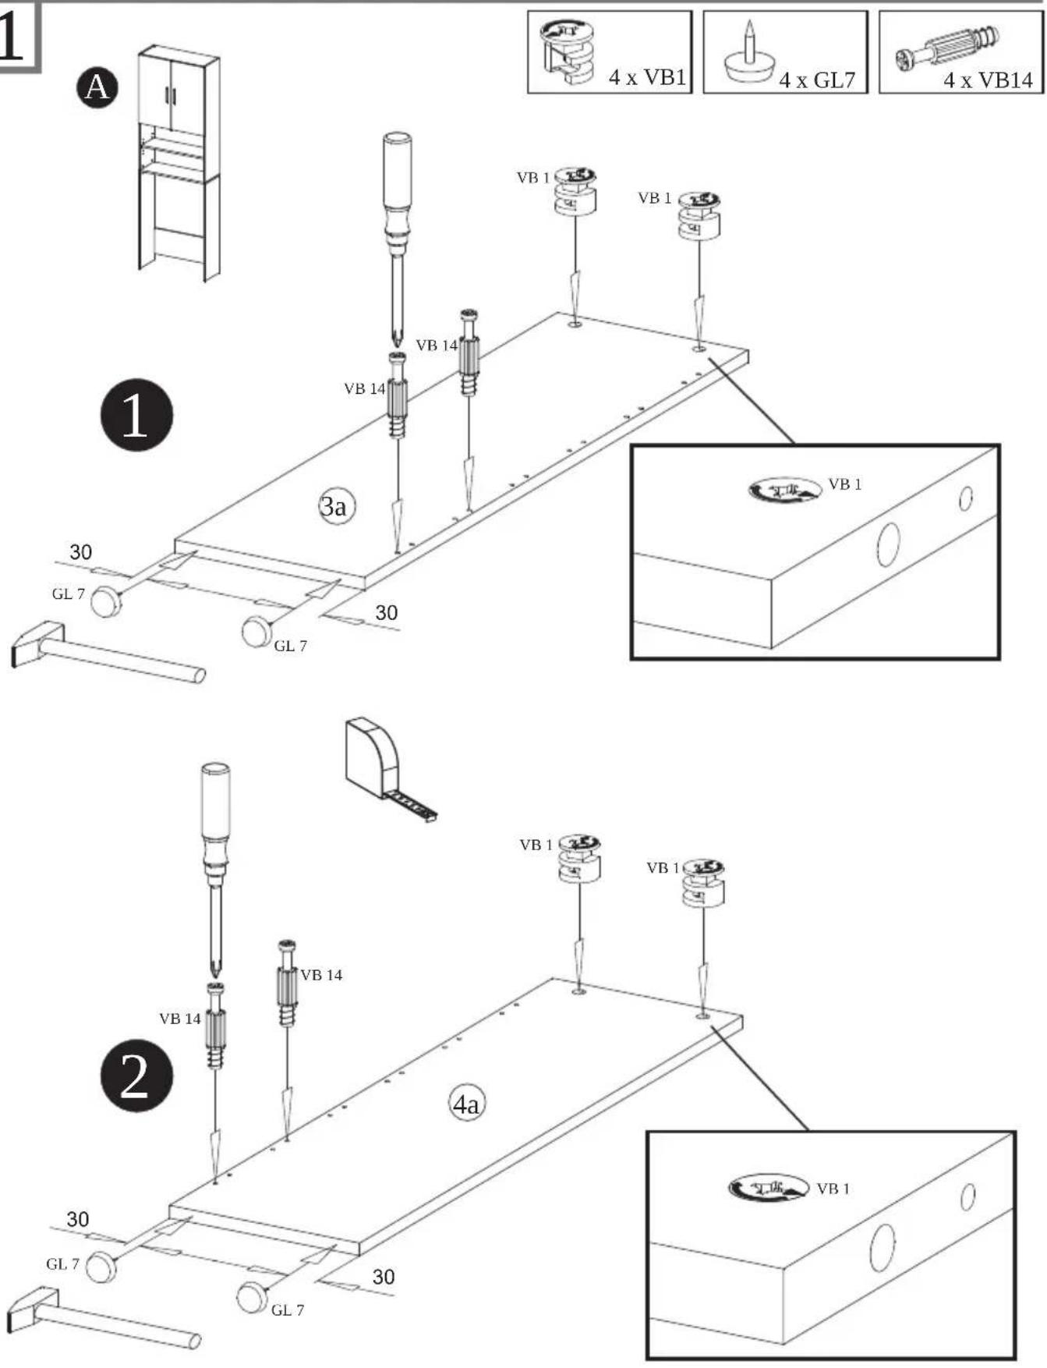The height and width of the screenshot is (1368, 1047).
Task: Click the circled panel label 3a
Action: tap(335, 506)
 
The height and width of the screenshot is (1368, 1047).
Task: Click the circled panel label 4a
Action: tap(467, 1104)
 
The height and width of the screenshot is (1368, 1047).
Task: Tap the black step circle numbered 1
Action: tap(136, 415)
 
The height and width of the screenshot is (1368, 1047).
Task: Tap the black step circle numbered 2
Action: tap(136, 1076)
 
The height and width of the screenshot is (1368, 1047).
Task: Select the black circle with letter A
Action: tap(97, 87)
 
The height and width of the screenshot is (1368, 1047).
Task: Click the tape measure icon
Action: tap(389, 769)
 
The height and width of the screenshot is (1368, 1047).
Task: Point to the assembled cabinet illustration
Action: tap(179, 163)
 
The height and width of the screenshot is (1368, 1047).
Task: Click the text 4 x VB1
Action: tap(647, 77)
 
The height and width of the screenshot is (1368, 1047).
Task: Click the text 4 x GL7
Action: tap(817, 80)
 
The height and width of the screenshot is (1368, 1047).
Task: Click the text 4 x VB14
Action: tap(988, 80)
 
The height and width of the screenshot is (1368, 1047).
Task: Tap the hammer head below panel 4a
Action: tap(32, 1310)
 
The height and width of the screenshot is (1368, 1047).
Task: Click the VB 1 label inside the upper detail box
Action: tap(845, 484)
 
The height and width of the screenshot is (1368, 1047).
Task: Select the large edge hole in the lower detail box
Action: tap(883, 1247)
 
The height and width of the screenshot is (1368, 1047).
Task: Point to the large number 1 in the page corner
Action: tap(12, 37)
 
